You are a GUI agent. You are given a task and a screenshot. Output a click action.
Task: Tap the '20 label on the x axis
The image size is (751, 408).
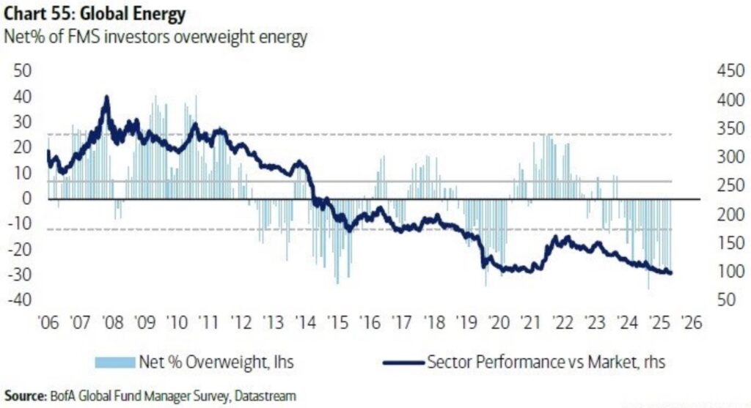pos(499,323)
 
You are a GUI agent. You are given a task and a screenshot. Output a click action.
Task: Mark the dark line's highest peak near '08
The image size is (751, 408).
pos(107,97)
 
